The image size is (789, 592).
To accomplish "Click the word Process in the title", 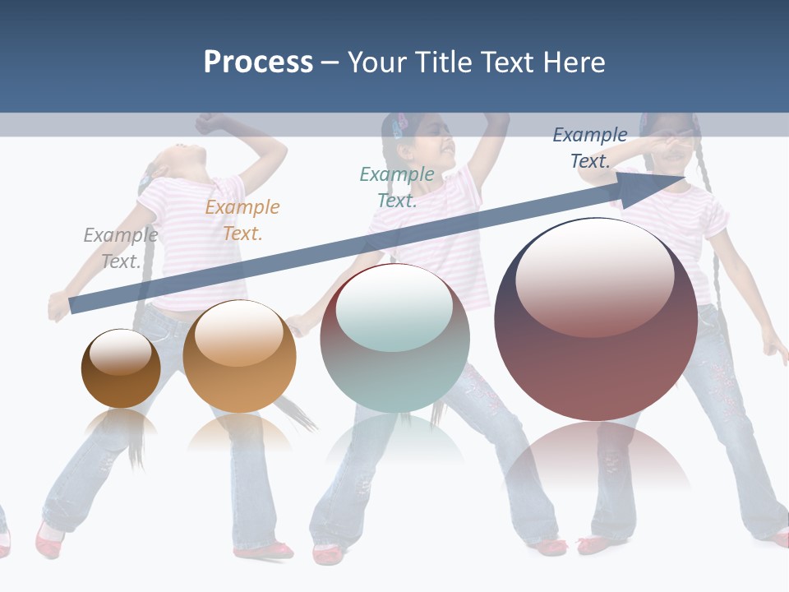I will [258, 62].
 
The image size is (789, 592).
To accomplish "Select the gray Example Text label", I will [121, 248].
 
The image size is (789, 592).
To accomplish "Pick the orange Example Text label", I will [242, 220].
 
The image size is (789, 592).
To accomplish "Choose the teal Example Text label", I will [397, 187].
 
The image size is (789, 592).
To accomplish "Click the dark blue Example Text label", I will [590, 148].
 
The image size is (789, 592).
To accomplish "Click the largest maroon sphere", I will [596, 321].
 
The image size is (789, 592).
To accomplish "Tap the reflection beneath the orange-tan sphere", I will [239, 432].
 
